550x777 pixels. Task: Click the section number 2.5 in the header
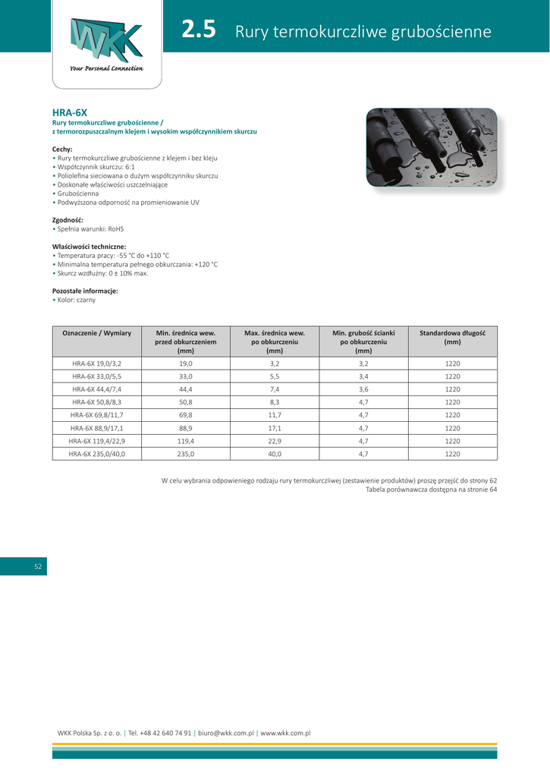pos(200,30)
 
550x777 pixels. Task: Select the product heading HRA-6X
pos(69,112)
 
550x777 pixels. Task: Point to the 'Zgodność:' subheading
pos(68,219)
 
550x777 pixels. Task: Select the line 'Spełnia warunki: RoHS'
pos(90,228)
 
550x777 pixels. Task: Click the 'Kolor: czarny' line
pos(76,300)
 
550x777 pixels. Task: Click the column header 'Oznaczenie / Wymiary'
pos(97,333)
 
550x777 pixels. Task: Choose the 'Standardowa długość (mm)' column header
pos(452,337)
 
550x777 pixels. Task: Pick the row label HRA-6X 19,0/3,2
pos(97,364)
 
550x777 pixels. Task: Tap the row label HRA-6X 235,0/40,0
pos(97,454)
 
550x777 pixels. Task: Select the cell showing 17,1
pos(275,428)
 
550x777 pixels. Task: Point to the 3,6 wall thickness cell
pos(363,389)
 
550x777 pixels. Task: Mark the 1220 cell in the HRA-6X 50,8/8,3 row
pos(452,402)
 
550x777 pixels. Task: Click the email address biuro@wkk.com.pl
pos(225,733)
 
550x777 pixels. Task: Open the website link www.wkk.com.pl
pos(285,733)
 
